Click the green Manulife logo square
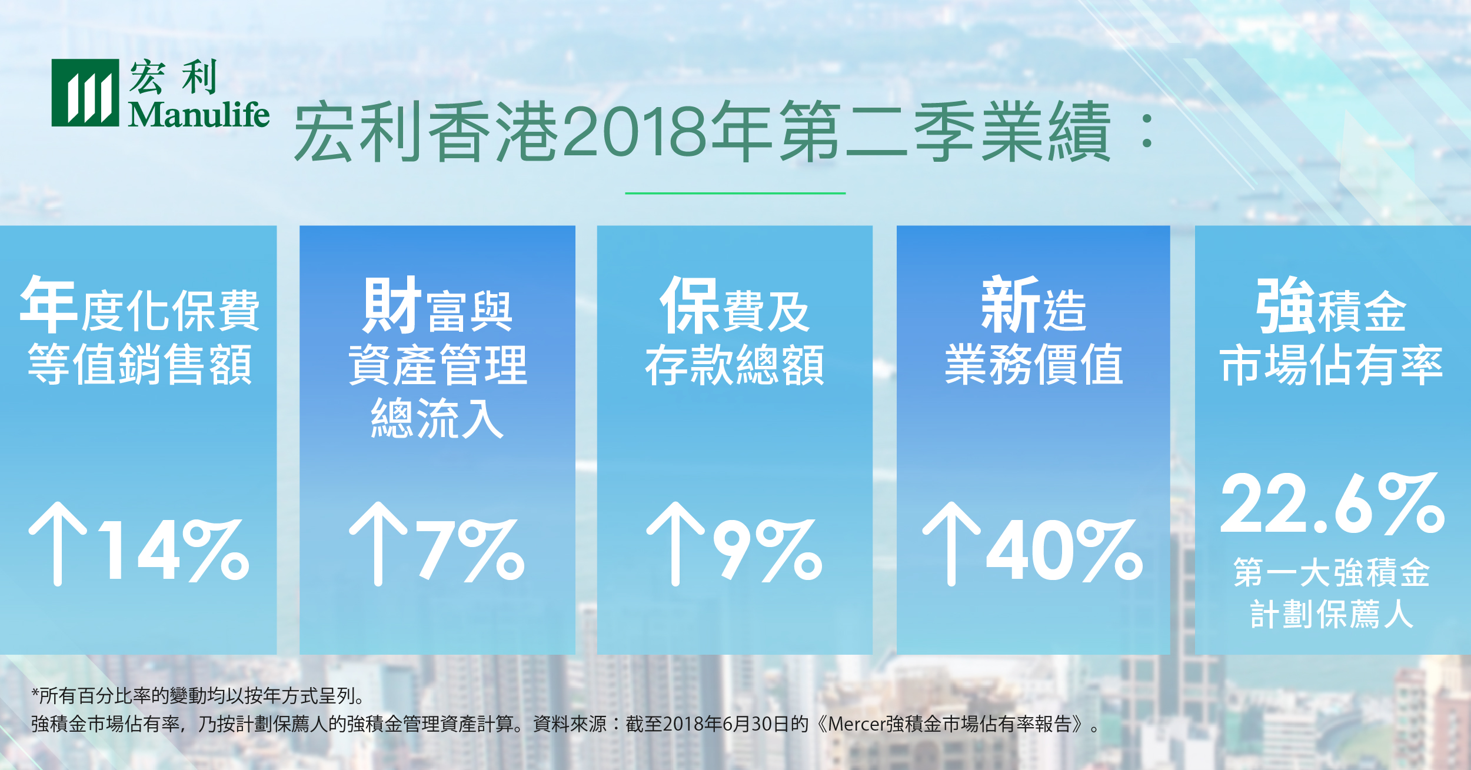pyautogui.click(x=85, y=93)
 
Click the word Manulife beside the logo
pyautogui.click(x=199, y=114)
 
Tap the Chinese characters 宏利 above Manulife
pyautogui.click(x=173, y=77)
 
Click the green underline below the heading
pyautogui.click(x=735, y=193)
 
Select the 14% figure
pyautogui.click(x=174, y=551)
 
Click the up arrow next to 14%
pyautogui.click(x=58, y=544)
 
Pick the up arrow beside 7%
pyautogui.click(x=378, y=544)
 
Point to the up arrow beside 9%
pyautogui.click(x=675, y=544)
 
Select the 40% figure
pyautogui.click(x=1064, y=551)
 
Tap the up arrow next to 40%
pyautogui.click(x=951, y=544)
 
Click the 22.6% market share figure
pyautogui.click(x=1333, y=504)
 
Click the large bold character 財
pyautogui.click(x=392, y=305)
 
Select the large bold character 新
pyautogui.click(x=1011, y=305)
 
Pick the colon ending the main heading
pyautogui.click(x=1146, y=131)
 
